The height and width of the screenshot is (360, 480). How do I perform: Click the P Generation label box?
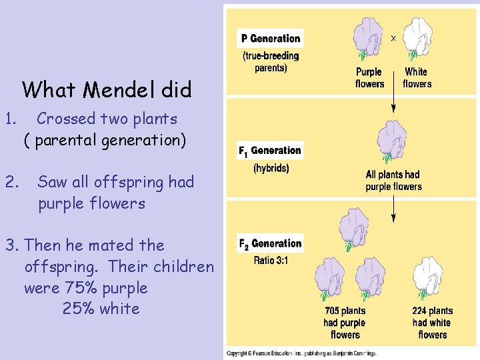coord(271,39)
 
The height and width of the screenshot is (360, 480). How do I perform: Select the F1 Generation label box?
coord(270,151)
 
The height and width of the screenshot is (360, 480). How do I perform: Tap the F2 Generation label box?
coord(270,244)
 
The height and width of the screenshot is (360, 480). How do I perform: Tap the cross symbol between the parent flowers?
coord(393,39)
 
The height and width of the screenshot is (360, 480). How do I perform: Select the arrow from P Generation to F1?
coord(393,100)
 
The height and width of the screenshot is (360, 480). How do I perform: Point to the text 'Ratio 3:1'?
coord(271,260)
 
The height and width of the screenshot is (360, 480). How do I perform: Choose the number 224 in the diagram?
coord(421,311)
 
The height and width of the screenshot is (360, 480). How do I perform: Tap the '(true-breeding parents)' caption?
coord(271,62)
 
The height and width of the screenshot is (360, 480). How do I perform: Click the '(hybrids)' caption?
coord(271,168)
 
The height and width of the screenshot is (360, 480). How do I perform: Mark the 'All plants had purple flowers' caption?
coord(393,181)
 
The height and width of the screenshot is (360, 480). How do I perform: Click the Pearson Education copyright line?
coord(301,353)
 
